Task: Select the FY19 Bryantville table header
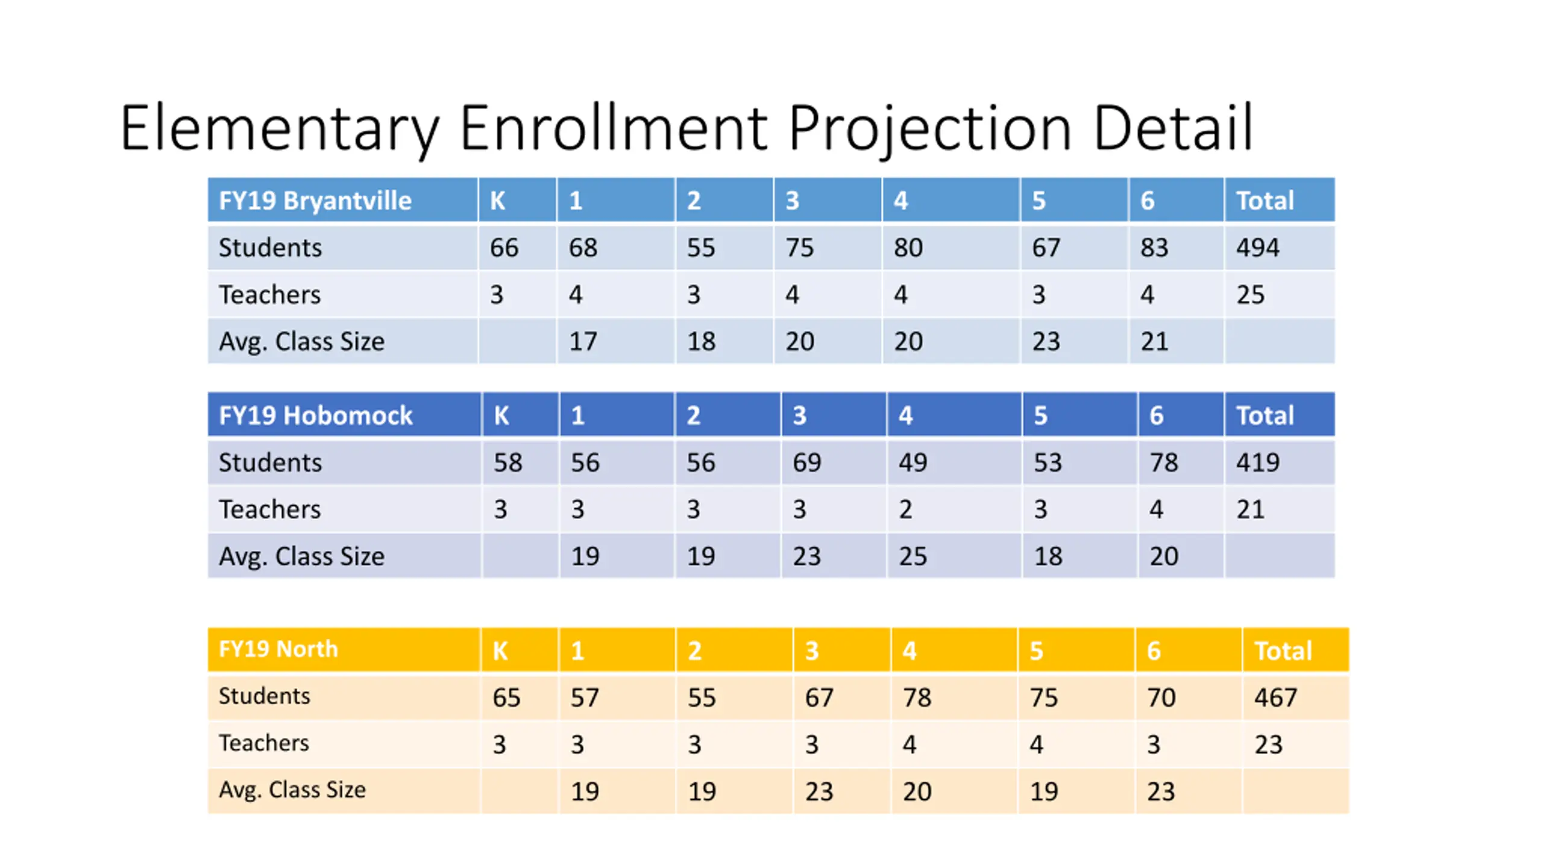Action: point(315,201)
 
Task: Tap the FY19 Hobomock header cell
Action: point(315,415)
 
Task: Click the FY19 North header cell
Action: point(278,649)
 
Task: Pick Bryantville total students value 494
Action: point(1257,248)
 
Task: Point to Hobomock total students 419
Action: point(1257,462)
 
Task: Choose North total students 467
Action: point(1275,697)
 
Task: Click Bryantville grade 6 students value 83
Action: point(1154,248)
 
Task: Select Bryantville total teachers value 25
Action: point(1250,295)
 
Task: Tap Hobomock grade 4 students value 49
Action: point(913,462)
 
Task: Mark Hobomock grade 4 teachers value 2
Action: point(905,509)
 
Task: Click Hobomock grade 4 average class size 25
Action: point(913,556)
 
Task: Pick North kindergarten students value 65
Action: point(506,697)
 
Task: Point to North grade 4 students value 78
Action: point(917,697)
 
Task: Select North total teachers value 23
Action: point(1268,744)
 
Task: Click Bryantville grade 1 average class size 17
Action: point(583,342)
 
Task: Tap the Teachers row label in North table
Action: point(263,743)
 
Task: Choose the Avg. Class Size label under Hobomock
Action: point(301,556)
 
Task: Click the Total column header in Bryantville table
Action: point(1265,201)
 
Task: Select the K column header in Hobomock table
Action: point(501,415)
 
